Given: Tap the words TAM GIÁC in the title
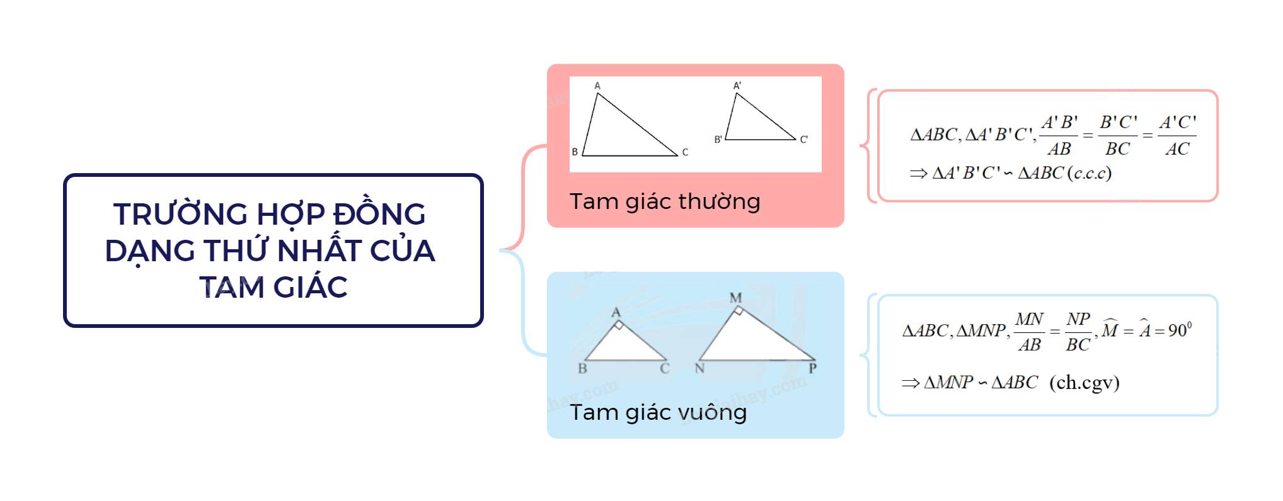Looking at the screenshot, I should click(x=273, y=288).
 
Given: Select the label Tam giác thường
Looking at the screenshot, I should click(x=665, y=202).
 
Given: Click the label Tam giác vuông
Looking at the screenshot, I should click(x=658, y=413).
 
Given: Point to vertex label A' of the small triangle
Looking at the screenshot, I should click(x=737, y=86).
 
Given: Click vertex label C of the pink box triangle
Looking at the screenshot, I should click(x=685, y=152).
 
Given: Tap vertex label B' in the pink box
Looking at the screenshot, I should click(x=718, y=140).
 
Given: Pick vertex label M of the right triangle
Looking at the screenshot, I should click(x=735, y=298).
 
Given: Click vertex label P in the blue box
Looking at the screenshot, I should click(x=813, y=368).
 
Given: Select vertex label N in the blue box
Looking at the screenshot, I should click(x=699, y=369).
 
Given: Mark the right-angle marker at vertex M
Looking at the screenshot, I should click(x=739, y=311).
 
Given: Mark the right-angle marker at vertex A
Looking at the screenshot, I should click(x=619, y=325).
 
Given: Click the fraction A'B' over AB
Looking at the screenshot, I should click(x=1059, y=135).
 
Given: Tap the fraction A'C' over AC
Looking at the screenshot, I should click(x=1177, y=135).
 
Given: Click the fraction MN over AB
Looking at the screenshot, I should click(x=1030, y=332).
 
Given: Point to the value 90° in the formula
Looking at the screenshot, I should click(x=1180, y=330).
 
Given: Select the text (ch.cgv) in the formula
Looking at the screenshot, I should click(x=1084, y=383).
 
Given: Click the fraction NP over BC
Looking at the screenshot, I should click(x=1078, y=332).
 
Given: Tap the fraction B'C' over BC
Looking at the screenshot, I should click(x=1119, y=135).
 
